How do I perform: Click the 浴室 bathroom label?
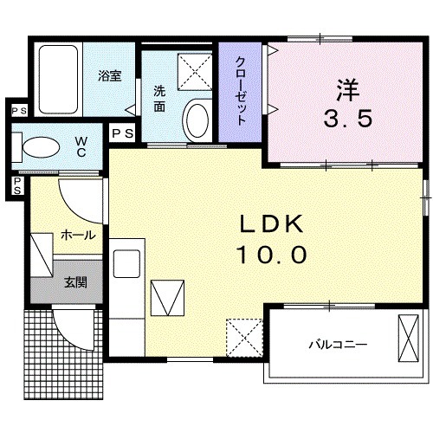pyautogui.click(x=109, y=75)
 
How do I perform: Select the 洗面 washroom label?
pyautogui.click(x=160, y=98)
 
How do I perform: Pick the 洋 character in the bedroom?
pyautogui.click(x=349, y=88)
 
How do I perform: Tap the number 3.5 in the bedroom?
pyautogui.click(x=349, y=119)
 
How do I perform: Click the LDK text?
pyautogui.click(x=272, y=226)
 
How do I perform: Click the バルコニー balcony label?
pyautogui.click(x=338, y=344)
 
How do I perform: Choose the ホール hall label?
pyautogui.click(x=78, y=235)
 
